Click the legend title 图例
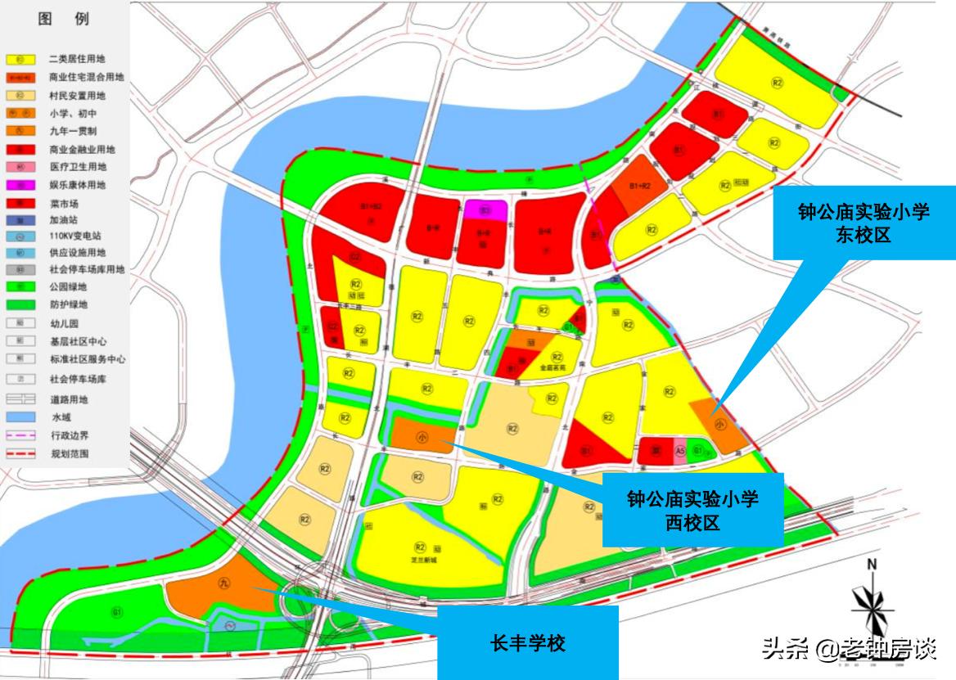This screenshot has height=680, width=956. [64, 19]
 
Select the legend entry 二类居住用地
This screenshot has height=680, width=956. [77, 60]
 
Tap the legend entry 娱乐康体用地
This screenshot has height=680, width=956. [77, 186]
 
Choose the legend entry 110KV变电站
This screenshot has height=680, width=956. [77, 236]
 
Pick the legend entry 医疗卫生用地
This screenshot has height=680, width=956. [77, 167]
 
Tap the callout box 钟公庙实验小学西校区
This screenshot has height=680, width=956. [692, 509]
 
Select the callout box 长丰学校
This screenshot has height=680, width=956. [527, 642]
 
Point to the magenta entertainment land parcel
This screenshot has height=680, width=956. [485, 210]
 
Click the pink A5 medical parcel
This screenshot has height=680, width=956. [679, 450]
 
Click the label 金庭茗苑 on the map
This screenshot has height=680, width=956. [552, 368]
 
